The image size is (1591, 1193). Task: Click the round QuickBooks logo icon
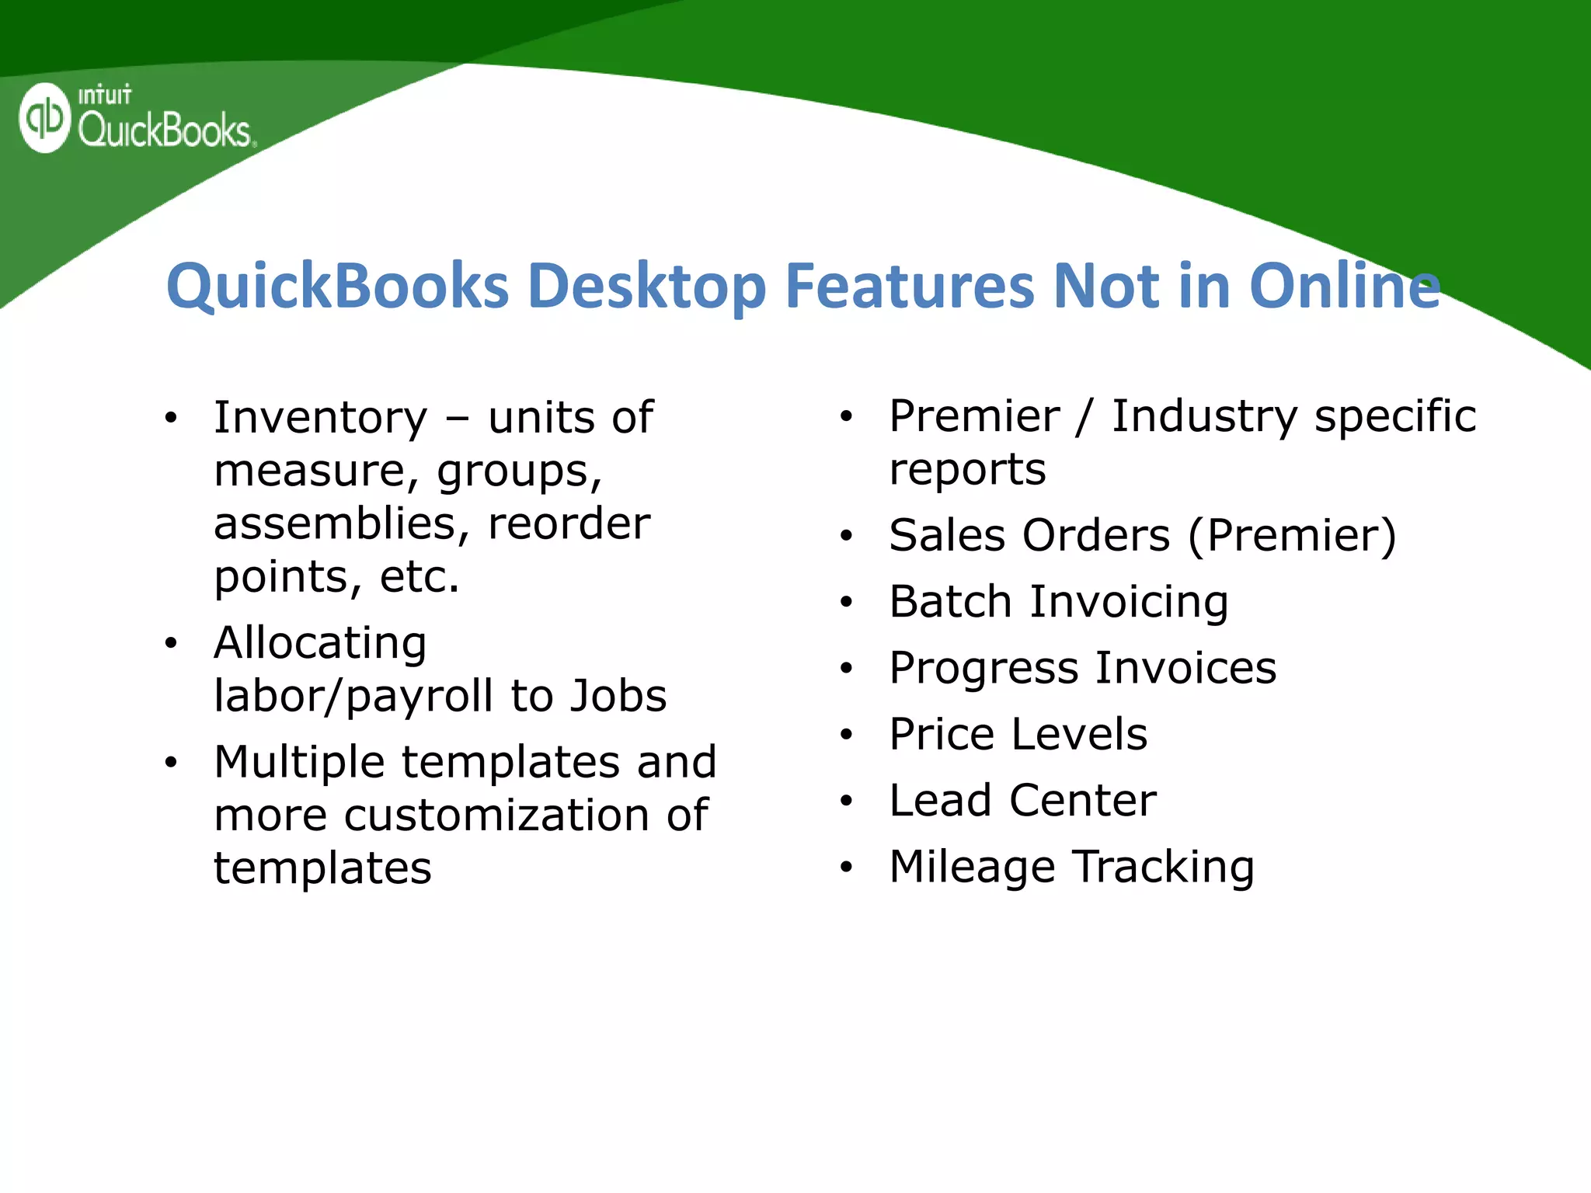tap(45, 118)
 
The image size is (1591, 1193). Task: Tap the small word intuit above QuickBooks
tap(105, 96)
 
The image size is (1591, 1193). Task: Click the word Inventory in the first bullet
tap(320, 418)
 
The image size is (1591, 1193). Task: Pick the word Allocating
tap(320, 643)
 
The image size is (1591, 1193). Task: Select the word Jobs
tap(618, 696)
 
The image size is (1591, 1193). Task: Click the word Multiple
tap(299, 762)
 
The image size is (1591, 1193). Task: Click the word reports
tap(967, 470)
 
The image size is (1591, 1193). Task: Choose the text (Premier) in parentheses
tap(1292, 536)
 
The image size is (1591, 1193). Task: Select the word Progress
tap(983, 669)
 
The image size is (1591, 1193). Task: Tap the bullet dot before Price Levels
tap(847, 735)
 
